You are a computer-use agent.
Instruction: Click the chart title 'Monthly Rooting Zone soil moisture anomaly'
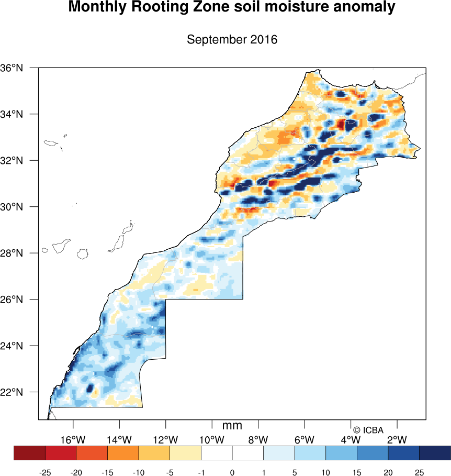[232, 8]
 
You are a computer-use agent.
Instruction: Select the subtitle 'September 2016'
[232, 40]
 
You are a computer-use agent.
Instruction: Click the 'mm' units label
[232, 426]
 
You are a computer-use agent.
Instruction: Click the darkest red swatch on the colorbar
[30, 452]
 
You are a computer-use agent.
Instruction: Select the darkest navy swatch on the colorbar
[435, 452]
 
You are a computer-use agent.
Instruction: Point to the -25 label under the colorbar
[45, 473]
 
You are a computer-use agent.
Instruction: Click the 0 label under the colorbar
[232, 473]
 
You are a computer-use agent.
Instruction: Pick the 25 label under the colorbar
[419, 473]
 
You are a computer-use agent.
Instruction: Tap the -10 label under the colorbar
[139, 473]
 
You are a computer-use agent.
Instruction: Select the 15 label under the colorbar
[357, 473]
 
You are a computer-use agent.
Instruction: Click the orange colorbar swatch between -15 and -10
[123, 452]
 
